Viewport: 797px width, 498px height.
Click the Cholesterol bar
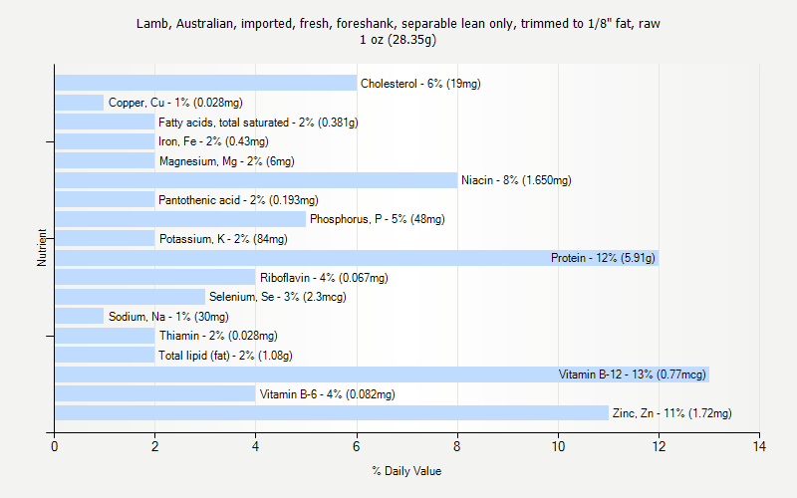coord(205,83)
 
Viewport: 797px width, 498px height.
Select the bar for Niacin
coord(256,180)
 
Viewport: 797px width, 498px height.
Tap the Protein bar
coord(299,258)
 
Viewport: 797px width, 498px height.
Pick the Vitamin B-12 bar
coord(299,374)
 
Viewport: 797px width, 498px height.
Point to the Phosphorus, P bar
coord(180,219)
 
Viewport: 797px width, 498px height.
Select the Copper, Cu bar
coord(79,103)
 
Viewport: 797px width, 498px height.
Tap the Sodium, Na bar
coord(79,317)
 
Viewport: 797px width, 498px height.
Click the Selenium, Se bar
coord(130,297)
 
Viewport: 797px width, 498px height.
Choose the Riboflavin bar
coord(154,278)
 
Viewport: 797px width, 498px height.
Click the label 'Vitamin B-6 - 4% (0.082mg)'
coord(327,394)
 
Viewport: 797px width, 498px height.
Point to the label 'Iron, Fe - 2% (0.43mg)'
coord(213,141)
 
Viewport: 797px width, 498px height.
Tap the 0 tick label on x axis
coord(55,446)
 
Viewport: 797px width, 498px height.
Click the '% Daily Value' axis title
coord(406,471)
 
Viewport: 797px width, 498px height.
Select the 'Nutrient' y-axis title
coord(43,248)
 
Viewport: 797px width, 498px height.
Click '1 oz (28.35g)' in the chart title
coord(398,41)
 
